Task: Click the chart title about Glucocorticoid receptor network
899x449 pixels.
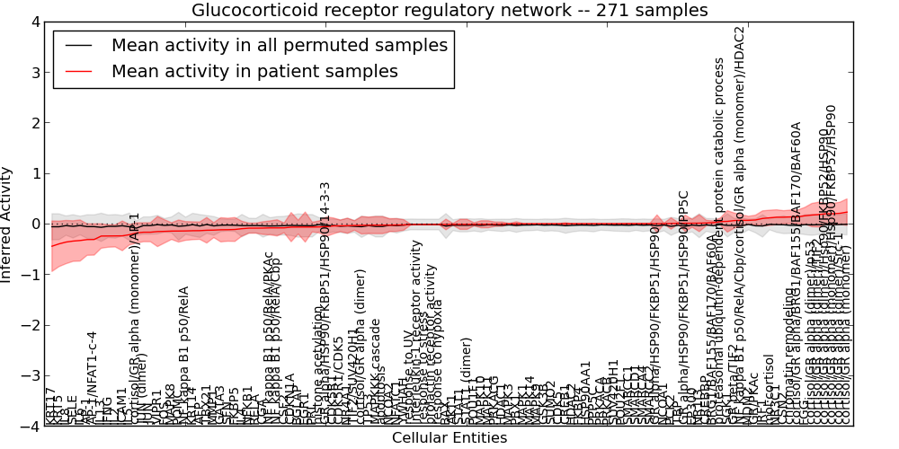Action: [449, 11]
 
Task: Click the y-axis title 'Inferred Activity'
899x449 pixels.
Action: [8, 224]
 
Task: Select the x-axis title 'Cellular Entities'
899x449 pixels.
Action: [449, 438]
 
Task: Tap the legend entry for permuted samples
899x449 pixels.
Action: [279, 45]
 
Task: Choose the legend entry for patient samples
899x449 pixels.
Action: [254, 72]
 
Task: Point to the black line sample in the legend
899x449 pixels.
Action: [82, 45]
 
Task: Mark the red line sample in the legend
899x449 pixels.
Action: [82, 72]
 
